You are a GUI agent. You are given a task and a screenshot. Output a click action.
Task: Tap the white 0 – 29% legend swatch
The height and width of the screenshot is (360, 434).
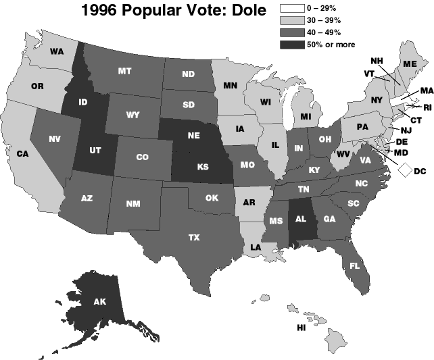tap(291, 8)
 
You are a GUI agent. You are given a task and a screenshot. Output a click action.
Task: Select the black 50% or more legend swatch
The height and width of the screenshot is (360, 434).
tap(291, 45)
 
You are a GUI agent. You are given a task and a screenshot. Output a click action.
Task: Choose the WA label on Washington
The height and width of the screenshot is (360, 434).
tap(57, 51)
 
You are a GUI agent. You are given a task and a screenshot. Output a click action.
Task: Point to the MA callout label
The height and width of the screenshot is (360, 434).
tap(426, 91)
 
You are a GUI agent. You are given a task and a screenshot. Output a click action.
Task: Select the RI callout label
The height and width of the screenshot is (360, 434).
tap(427, 106)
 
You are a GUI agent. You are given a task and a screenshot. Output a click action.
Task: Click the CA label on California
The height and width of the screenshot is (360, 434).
tap(23, 155)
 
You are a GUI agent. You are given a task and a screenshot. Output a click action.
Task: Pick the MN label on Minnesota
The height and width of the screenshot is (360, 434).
tap(231, 86)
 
